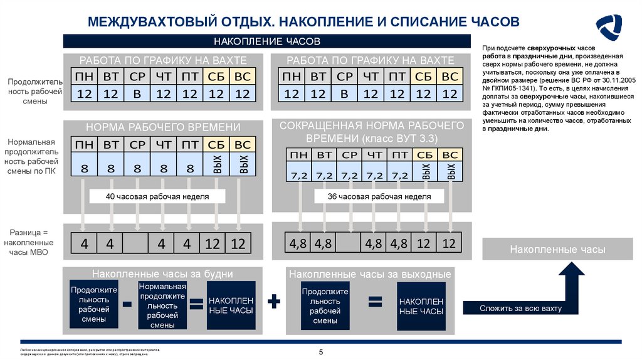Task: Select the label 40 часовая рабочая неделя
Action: pyautogui.click(x=157, y=197)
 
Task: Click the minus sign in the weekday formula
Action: pyautogui.click(x=127, y=304)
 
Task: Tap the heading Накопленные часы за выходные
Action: pyautogui.click(x=370, y=275)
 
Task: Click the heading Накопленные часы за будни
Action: pyautogui.click(x=162, y=274)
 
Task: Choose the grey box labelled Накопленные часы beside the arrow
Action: pyautogui.click(x=557, y=250)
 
